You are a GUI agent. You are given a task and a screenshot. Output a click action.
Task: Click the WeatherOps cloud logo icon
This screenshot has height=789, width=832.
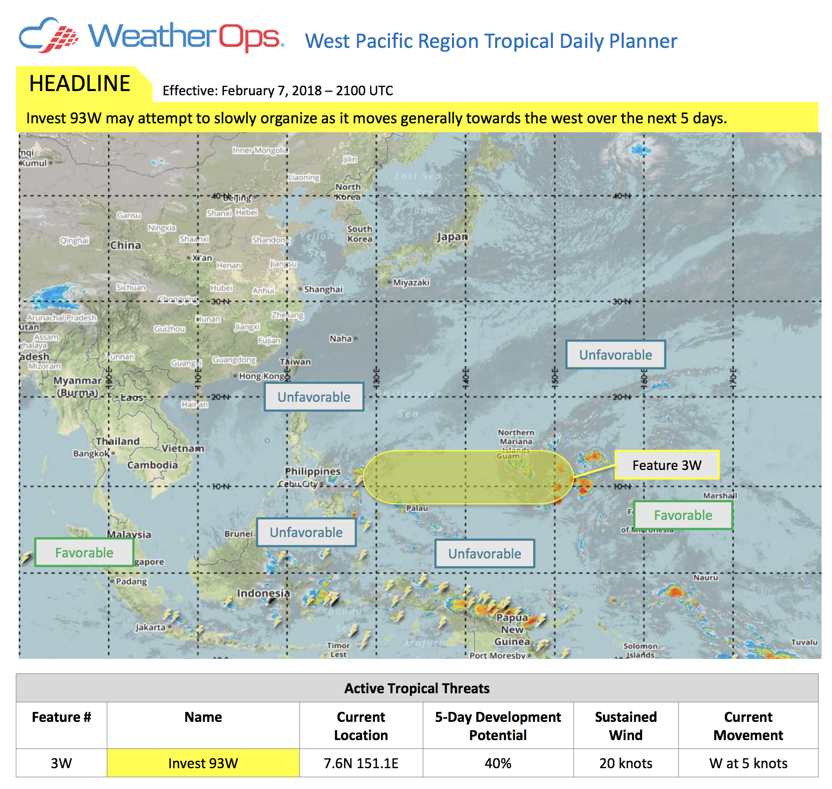(x=48, y=35)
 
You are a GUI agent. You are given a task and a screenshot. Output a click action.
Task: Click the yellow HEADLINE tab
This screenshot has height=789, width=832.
(x=80, y=84)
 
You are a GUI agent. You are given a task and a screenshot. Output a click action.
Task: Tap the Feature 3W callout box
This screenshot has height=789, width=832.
(x=666, y=465)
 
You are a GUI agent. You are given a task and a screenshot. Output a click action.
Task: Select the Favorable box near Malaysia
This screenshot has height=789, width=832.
(x=84, y=552)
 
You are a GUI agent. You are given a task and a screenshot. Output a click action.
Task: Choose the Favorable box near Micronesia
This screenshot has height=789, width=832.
(x=683, y=515)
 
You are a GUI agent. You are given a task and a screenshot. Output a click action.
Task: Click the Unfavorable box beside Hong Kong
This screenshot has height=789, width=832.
(x=313, y=397)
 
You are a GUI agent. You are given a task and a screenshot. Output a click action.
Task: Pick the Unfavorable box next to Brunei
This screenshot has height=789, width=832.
(x=306, y=532)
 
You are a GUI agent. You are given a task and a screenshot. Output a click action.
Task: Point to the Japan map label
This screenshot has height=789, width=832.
(x=452, y=237)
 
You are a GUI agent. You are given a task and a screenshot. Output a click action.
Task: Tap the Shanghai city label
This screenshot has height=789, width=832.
(x=323, y=289)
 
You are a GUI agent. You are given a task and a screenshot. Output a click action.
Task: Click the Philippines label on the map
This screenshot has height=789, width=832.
(x=312, y=471)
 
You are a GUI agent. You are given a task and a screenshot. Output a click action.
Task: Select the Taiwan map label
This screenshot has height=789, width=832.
(x=295, y=362)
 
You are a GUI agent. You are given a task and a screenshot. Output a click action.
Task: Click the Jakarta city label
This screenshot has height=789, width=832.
(x=150, y=627)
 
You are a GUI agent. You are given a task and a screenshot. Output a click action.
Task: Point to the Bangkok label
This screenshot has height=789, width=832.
(x=91, y=453)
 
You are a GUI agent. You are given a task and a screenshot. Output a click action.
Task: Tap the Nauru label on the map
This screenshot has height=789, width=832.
(x=705, y=577)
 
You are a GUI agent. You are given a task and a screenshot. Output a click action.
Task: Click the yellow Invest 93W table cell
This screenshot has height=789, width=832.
(x=203, y=763)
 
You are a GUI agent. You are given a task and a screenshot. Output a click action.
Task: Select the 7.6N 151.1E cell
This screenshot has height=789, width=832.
(x=361, y=763)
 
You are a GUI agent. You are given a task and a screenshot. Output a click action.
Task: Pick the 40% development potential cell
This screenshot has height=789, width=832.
(x=498, y=763)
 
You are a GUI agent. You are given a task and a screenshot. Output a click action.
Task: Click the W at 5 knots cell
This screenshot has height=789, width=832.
(x=748, y=763)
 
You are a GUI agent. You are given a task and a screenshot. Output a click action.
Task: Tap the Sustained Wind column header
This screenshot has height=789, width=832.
(x=625, y=726)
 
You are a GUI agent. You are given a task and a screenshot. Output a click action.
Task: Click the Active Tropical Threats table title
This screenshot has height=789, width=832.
(x=417, y=688)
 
